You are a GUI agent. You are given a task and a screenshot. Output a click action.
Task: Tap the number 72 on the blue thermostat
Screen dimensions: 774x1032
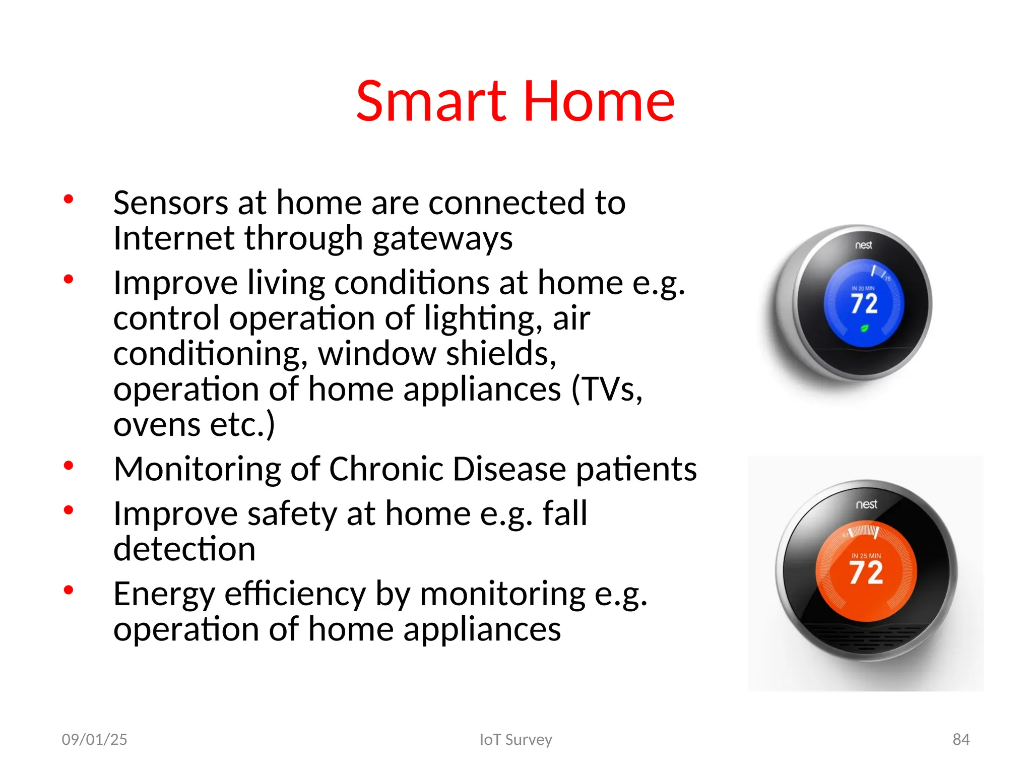(x=864, y=304)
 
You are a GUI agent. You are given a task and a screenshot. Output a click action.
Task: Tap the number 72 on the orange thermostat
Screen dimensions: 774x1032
(x=866, y=573)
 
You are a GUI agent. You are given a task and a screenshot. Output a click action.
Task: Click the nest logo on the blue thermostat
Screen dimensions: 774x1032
(x=863, y=245)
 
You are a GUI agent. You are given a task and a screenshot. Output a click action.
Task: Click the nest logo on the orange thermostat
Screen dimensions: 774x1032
(x=866, y=504)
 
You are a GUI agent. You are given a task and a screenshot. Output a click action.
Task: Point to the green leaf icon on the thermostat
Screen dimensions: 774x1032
(x=864, y=329)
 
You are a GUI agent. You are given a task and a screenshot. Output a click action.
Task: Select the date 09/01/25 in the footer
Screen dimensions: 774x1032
(x=94, y=739)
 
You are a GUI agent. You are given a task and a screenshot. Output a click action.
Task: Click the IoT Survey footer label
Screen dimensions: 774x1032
(x=515, y=739)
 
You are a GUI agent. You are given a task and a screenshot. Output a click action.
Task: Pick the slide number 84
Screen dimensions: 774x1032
(x=960, y=739)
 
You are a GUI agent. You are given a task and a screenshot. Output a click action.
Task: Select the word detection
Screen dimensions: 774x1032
(x=184, y=549)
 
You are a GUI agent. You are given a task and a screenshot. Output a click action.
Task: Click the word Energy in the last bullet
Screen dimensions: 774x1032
(x=164, y=595)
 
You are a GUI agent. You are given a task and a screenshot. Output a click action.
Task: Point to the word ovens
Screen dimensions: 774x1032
(x=157, y=425)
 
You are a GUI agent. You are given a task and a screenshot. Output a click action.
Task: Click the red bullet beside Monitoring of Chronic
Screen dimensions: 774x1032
(x=69, y=465)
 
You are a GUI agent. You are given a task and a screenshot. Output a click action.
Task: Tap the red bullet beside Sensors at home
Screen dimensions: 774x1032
(x=69, y=199)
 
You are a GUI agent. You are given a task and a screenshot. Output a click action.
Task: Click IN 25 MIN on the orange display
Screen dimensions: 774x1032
(x=866, y=556)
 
